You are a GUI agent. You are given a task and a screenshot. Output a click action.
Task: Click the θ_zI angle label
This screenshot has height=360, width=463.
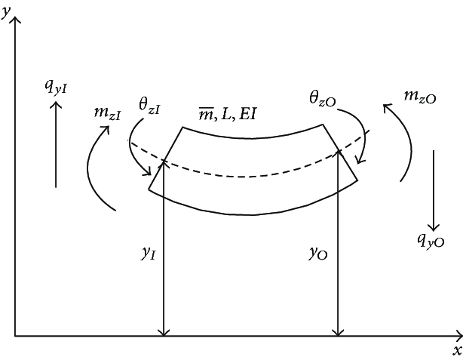[148, 106]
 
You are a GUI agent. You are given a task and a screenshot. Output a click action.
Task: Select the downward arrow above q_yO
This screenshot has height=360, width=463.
[434, 189]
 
